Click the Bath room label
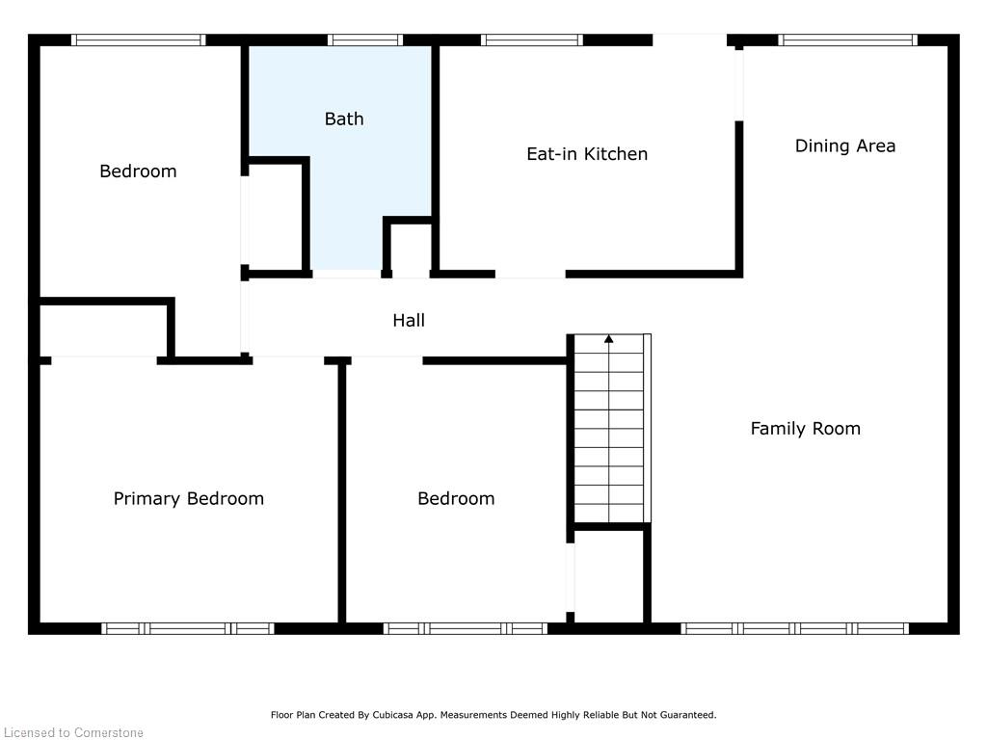click(344, 119)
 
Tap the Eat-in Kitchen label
click(587, 154)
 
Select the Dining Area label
click(844, 146)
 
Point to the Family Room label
click(805, 429)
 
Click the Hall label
click(409, 320)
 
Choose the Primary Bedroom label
click(188, 499)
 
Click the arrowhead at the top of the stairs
click(609, 339)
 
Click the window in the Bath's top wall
click(365, 40)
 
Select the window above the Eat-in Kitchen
click(532, 40)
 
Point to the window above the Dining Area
click(848, 40)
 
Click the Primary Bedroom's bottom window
click(188, 628)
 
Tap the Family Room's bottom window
click(794, 628)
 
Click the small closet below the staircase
click(609, 576)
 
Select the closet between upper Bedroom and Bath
click(275, 217)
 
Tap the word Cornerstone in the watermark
click(108, 732)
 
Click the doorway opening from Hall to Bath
click(347, 274)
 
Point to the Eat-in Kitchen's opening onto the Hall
click(530, 274)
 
